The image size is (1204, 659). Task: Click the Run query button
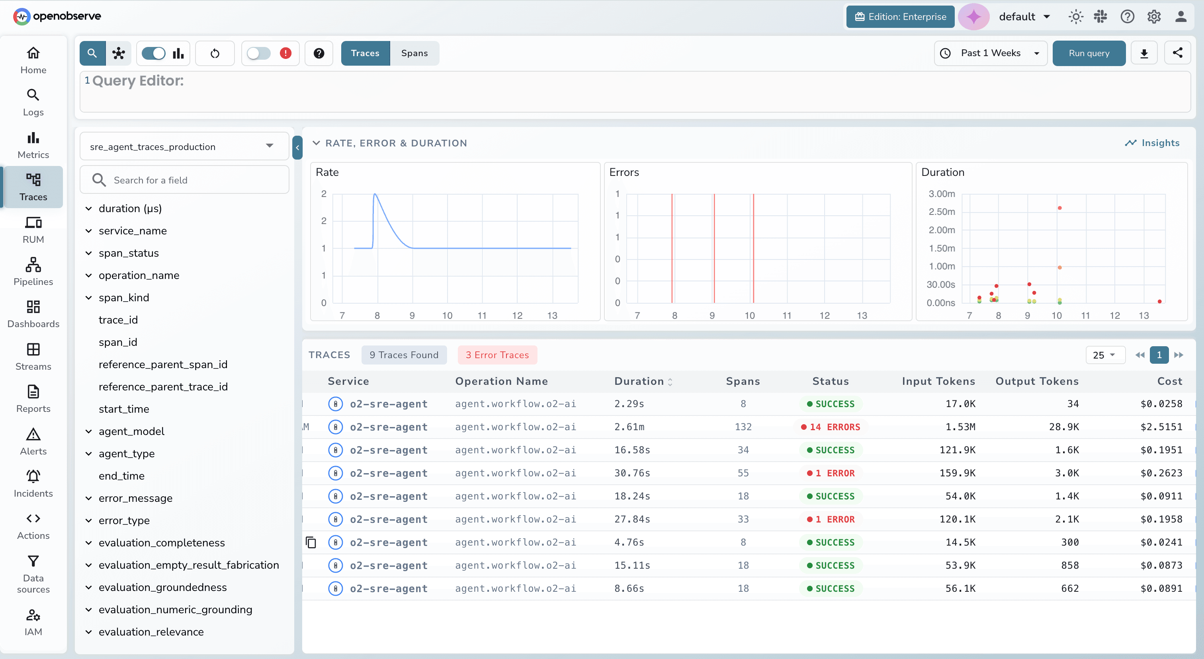coord(1089,53)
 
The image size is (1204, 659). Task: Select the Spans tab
coord(414,53)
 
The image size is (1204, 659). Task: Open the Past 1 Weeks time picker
coord(991,53)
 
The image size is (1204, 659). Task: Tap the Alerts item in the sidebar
coord(33,441)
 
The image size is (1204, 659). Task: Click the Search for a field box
coord(185,180)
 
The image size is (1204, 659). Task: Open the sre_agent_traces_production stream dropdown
coord(185,147)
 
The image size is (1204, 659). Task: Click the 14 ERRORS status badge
coord(831,427)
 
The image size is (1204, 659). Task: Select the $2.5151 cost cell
coord(1161,427)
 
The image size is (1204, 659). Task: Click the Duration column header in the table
coord(639,381)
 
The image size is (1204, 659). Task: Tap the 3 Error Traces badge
coord(497,355)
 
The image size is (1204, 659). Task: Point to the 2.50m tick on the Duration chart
coord(941,212)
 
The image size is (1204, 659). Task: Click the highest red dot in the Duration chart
coord(1059,208)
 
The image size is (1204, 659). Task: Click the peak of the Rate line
coord(375,194)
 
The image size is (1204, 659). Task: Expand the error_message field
coord(89,498)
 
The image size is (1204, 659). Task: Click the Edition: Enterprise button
coord(900,17)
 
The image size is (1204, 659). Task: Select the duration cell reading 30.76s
coord(632,473)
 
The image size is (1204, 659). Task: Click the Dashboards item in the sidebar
coord(33,314)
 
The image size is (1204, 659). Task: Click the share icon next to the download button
coord(1177,53)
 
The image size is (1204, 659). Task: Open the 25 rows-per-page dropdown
coord(1104,355)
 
